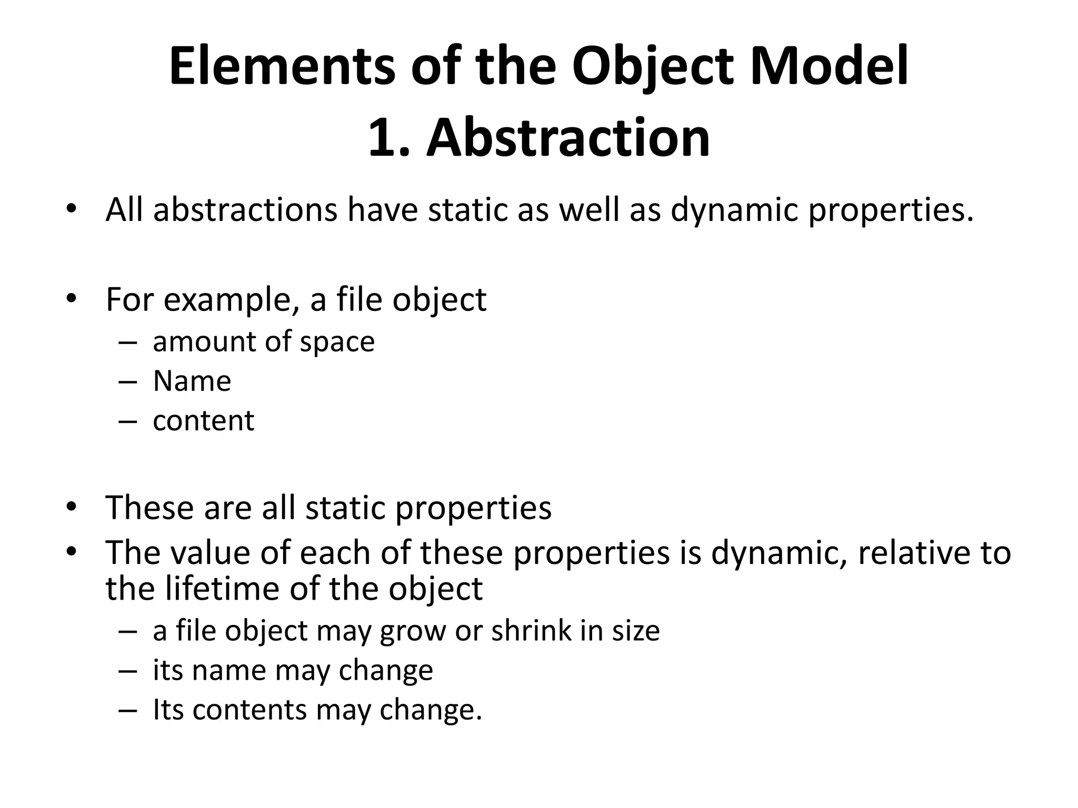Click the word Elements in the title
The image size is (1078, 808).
click(282, 67)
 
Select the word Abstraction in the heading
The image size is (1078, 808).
click(568, 138)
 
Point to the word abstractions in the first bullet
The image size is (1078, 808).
click(245, 210)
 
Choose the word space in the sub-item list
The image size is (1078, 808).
click(337, 342)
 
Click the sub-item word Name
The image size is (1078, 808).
click(192, 381)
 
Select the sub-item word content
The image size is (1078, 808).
click(203, 421)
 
